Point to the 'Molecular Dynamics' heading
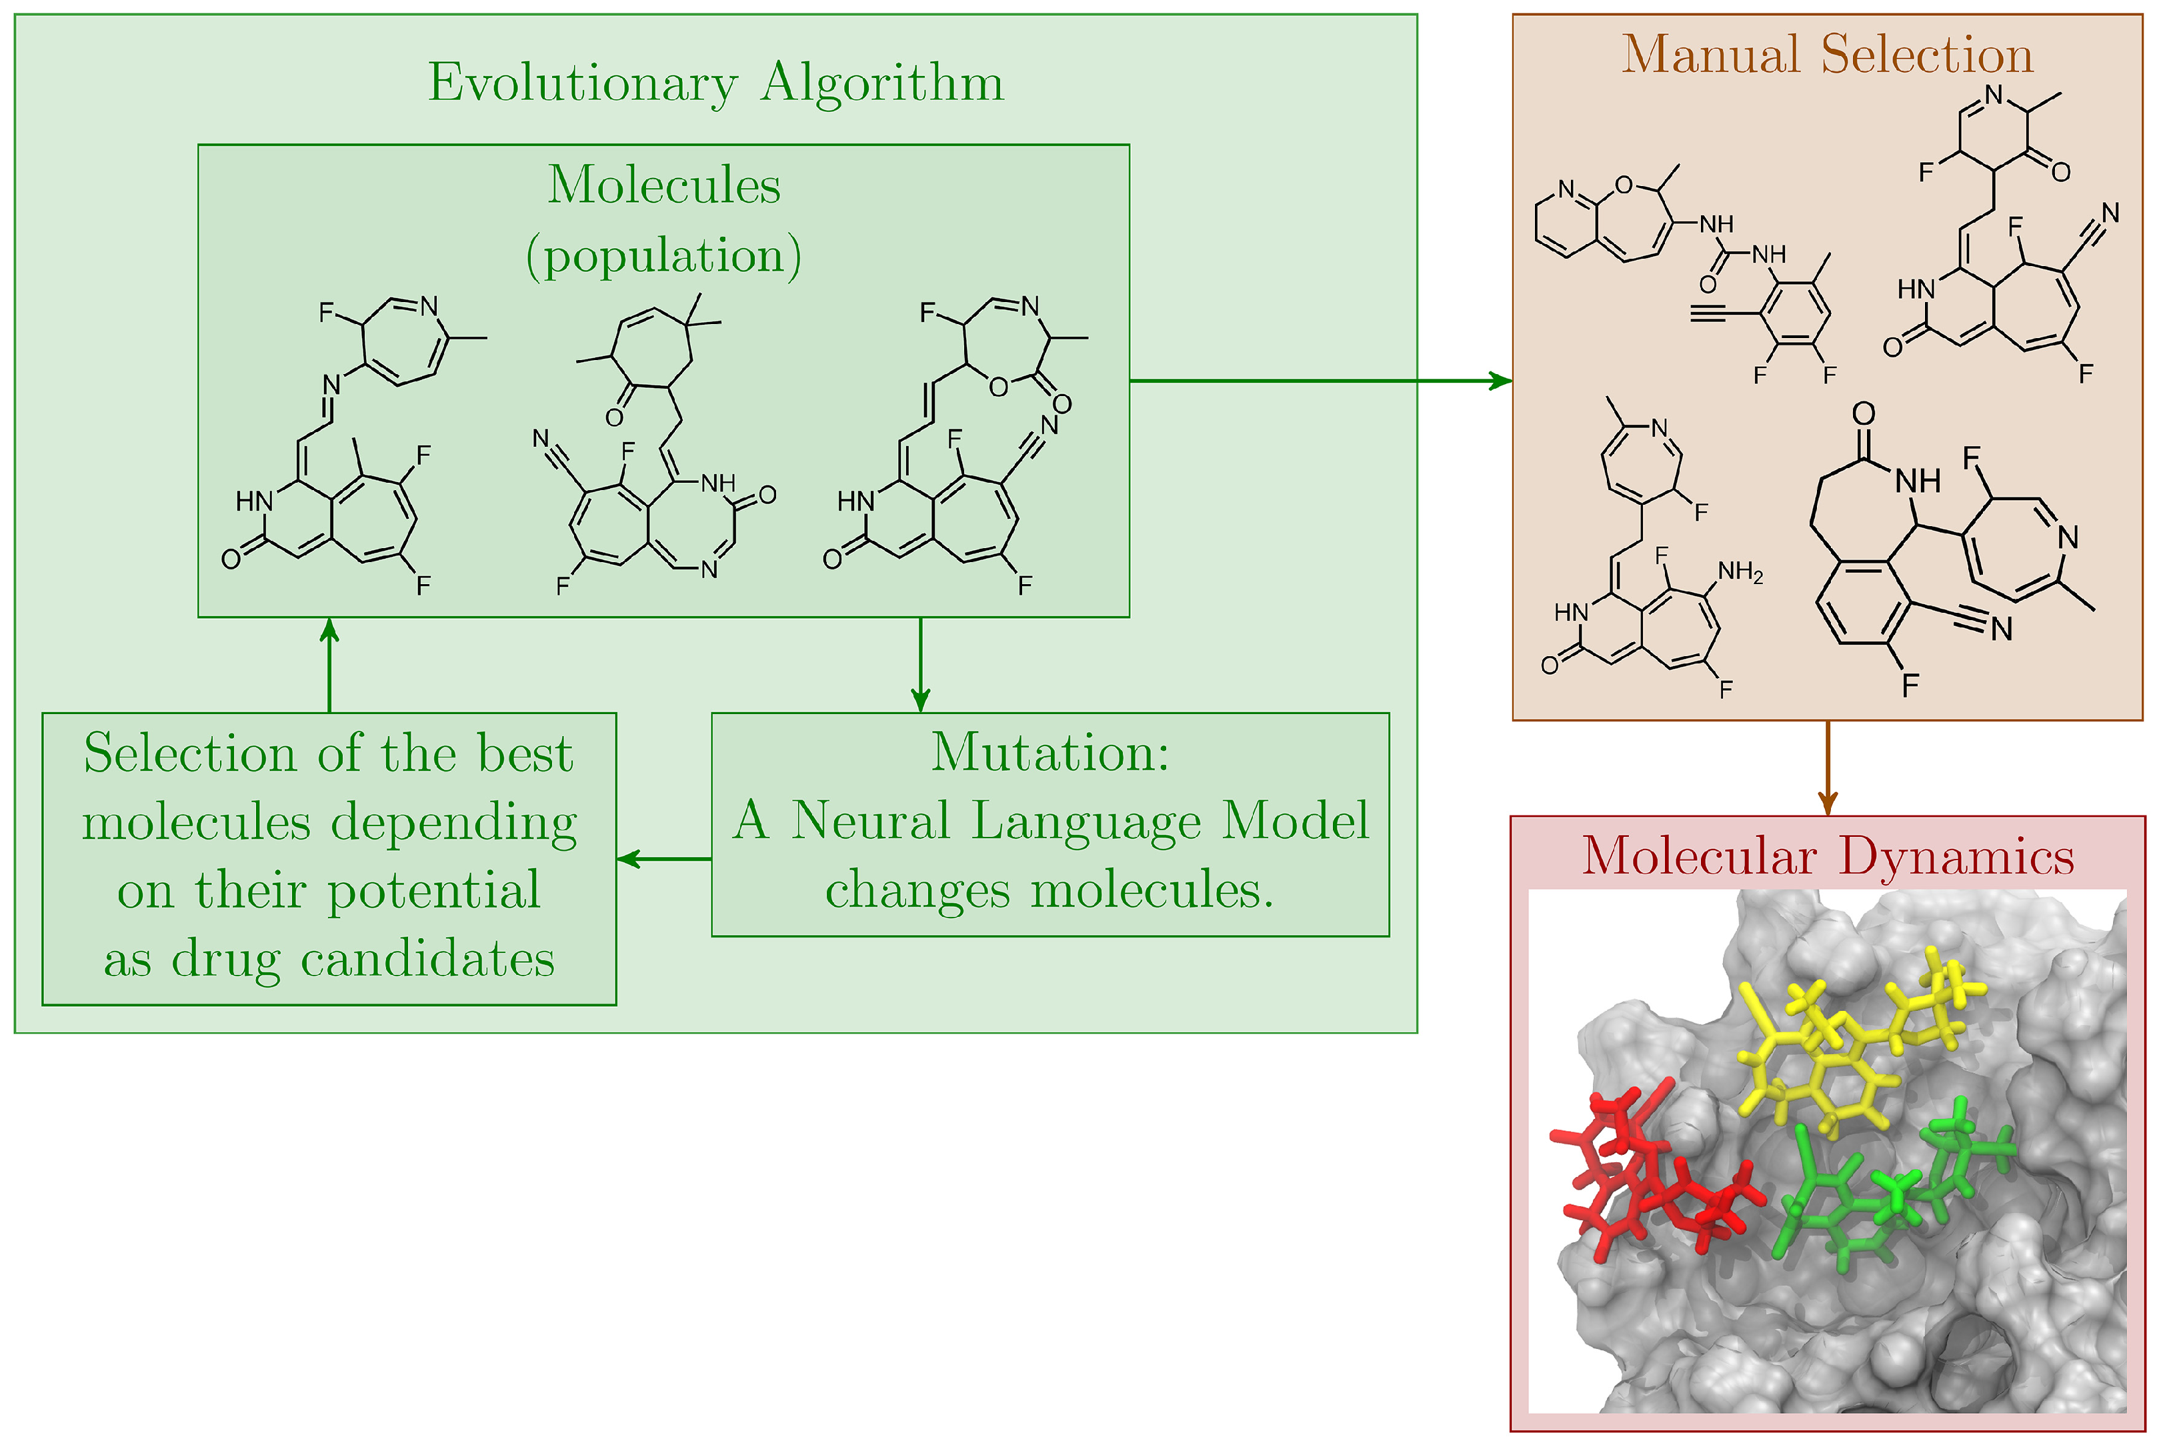[1828, 856]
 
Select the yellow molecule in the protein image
[1828, 1057]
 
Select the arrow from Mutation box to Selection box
[663, 860]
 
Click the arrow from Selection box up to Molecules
[329, 664]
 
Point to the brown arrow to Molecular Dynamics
[1828, 768]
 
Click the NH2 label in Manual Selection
[1740, 573]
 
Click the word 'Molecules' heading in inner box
[663, 185]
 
